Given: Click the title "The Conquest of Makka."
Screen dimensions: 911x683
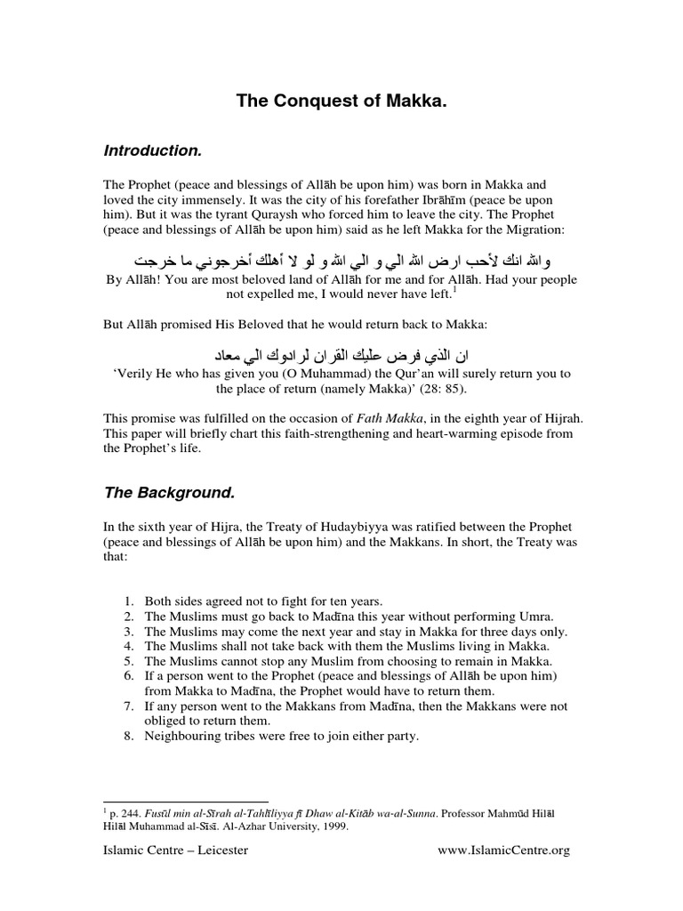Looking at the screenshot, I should click(x=341, y=102).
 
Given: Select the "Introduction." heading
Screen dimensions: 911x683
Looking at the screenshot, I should click(x=152, y=150).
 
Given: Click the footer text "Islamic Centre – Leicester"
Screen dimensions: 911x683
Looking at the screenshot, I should click(x=176, y=850).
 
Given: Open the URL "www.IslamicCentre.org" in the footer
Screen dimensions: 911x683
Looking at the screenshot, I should click(x=503, y=850).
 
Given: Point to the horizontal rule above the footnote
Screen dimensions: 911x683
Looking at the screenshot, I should click(x=186, y=801).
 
